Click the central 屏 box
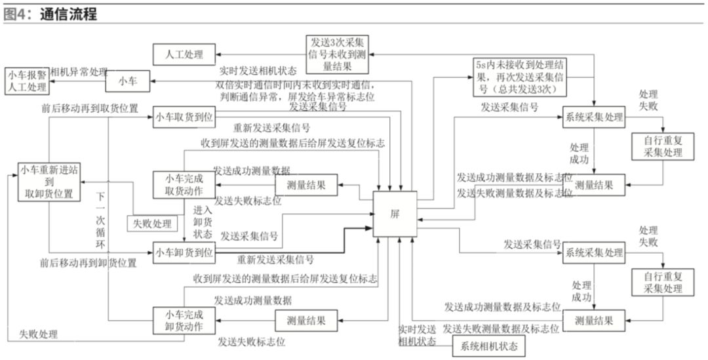click(395, 214)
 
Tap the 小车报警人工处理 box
click(27, 80)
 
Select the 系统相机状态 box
click(488, 346)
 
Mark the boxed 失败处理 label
click(152, 223)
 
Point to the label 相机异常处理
click(78, 71)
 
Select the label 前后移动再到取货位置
click(88, 109)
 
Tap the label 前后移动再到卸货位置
click(88, 263)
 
